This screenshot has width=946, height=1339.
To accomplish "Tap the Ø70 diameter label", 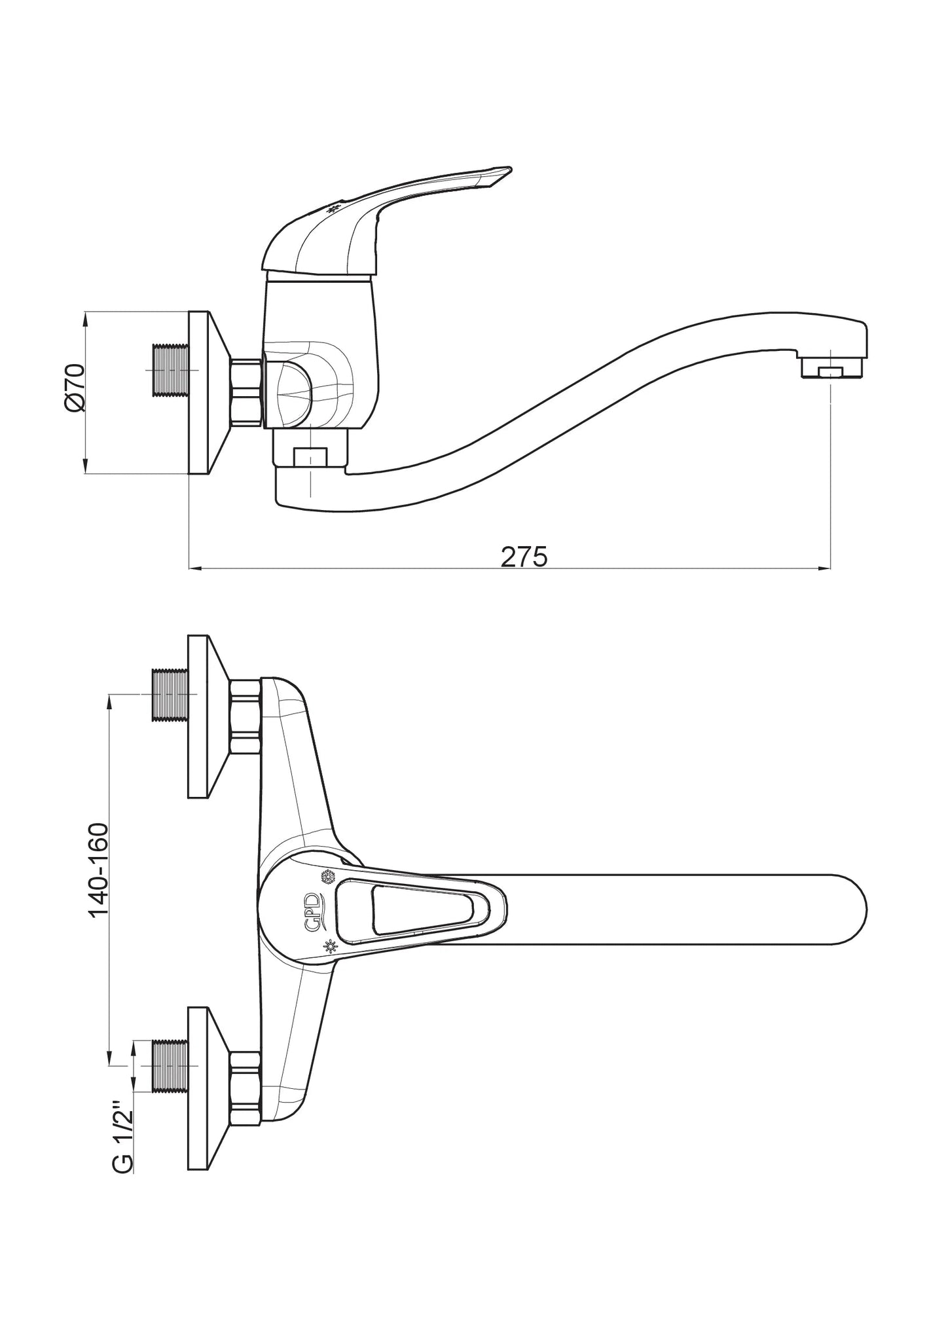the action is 75,388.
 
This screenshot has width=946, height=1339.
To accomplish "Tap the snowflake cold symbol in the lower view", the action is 325,876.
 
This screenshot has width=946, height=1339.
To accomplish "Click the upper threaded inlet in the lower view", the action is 170,695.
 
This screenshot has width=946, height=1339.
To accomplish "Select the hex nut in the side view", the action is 246,392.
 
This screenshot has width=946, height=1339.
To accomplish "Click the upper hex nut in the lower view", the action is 246,716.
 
